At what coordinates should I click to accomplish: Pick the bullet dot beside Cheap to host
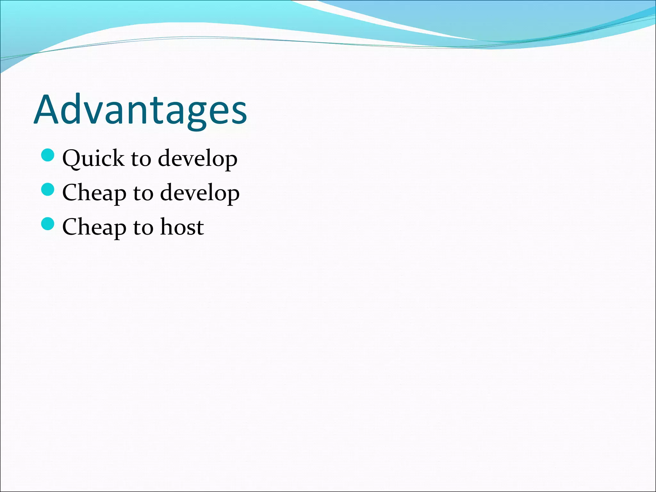pyautogui.click(x=48, y=224)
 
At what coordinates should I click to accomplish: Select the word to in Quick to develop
pyautogui.click(x=141, y=159)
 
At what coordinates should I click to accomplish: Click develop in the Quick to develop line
pyautogui.click(x=198, y=159)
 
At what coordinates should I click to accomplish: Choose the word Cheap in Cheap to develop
pyautogui.click(x=94, y=193)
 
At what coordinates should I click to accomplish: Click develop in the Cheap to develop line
pyautogui.click(x=200, y=193)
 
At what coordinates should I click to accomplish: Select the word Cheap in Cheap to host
pyautogui.click(x=94, y=227)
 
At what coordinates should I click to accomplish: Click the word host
pyautogui.click(x=182, y=227)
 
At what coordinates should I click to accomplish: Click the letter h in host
pyautogui.click(x=167, y=226)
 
